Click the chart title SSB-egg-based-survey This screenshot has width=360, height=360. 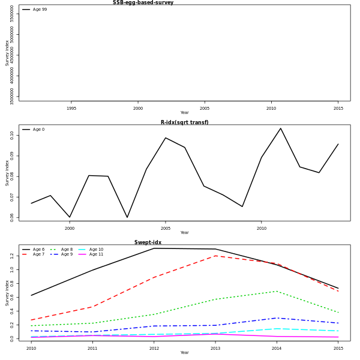coord(143,3)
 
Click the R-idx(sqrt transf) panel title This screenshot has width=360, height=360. coord(184,122)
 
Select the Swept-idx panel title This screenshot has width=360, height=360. coord(148,242)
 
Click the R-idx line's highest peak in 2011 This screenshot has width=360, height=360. coord(280,128)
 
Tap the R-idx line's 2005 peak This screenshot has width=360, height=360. coord(166,138)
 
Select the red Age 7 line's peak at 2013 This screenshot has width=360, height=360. coord(215,256)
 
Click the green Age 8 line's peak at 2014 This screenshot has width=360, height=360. coord(277,292)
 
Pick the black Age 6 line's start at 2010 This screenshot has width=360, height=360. coord(31,295)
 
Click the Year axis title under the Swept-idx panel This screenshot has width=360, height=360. coord(184,353)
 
